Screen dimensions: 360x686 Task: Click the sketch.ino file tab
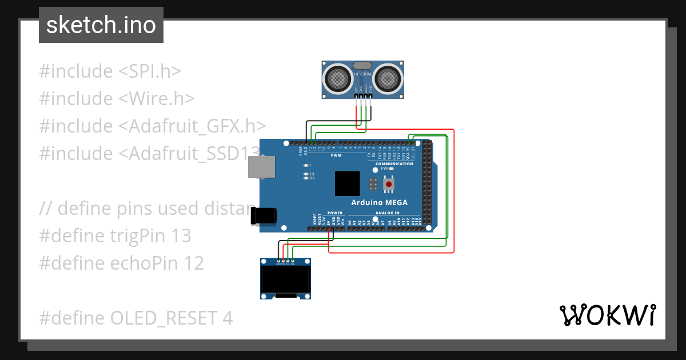[101, 25]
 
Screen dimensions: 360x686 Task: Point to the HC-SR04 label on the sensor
[363, 74]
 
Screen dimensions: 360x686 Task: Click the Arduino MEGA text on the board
[379, 203]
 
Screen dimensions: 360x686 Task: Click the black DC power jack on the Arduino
[264, 215]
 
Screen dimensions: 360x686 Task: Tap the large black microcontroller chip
[348, 183]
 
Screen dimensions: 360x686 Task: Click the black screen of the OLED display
[285, 279]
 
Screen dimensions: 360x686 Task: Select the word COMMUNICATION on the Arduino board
[394, 164]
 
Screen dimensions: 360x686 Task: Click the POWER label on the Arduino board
[335, 213]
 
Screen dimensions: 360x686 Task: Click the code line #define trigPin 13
[115, 235]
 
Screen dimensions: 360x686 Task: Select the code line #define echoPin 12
[121, 263]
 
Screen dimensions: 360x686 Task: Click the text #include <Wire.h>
[117, 98]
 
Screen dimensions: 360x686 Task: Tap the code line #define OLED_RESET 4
[136, 318]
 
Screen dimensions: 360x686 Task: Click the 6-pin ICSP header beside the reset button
[373, 184]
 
